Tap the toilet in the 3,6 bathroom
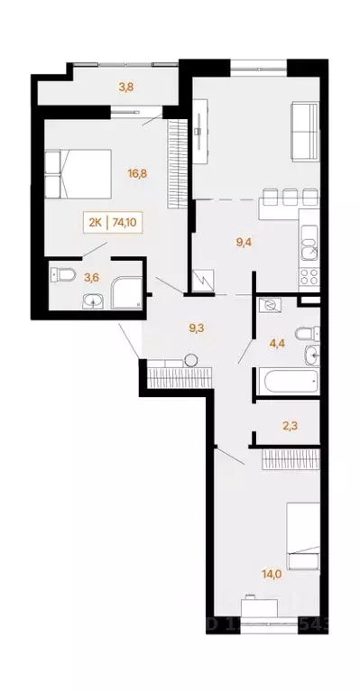coord(60,273)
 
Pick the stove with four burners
coord(309,273)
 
